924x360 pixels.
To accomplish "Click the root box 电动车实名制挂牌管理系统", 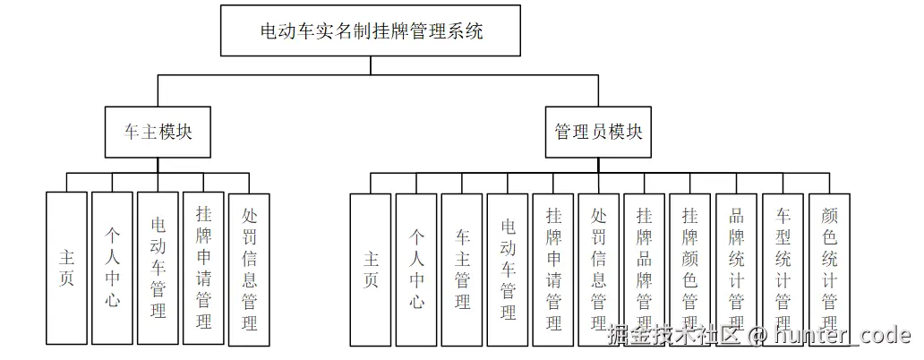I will (x=371, y=31).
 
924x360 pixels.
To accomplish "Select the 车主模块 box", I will (x=158, y=133).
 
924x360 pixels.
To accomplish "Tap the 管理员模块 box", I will (x=598, y=133).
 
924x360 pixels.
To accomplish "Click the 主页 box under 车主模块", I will (x=66, y=268).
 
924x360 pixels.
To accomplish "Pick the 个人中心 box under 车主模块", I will (x=112, y=268).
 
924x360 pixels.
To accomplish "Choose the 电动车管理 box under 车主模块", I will (x=158, y=268).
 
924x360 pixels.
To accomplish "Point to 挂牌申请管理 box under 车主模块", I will (x=203, y=268).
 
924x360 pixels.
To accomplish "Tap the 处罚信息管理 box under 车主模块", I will (x=249, y=268).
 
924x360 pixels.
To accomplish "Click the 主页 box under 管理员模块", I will (x=371, y=269).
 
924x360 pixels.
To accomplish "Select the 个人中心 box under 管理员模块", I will (x=416, y=269).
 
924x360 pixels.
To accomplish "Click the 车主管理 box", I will (x=462, y=269).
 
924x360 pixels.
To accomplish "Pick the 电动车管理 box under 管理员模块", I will (x=508, y=269).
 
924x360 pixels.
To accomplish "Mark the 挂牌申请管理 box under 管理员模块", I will (x=553, y=269).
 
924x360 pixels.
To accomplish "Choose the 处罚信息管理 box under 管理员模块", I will (x=599, y=269).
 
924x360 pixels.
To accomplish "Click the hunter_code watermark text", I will (x=842, y=337).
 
